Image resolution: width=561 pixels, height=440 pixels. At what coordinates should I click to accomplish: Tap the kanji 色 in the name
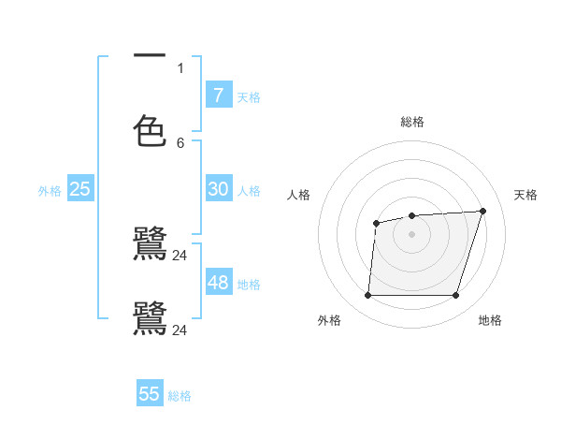tap(150, 131)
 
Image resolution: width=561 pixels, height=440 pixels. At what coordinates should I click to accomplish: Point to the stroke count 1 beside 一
tap(180, 67)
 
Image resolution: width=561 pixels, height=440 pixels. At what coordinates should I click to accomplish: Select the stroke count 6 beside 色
tap(180, 142)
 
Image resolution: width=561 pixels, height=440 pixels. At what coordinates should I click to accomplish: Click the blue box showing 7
tap(218, 95)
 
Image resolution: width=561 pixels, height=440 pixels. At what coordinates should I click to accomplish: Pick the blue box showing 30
tap(218, 189)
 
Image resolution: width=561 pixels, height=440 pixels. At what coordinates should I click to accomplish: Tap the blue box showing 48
tap(218, 283)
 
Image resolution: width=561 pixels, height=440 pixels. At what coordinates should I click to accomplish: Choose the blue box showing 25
tap(80, 189)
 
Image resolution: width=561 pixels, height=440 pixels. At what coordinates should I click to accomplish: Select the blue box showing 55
tap(150, 394)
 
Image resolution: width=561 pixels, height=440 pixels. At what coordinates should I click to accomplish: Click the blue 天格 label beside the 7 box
tap(249, 97)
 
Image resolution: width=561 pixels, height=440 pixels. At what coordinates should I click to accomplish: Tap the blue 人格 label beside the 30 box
tap(249, 191)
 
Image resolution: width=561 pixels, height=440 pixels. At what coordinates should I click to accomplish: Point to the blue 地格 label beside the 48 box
tap(249, 285)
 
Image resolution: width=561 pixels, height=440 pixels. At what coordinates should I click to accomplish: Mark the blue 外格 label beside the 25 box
tap(50, 191)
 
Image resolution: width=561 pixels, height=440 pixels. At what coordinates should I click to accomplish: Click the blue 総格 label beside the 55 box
tap(180, 396)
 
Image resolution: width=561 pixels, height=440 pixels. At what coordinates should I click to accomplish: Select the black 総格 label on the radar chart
tap(412, 122)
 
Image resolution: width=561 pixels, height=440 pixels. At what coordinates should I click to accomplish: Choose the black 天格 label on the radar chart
tap(525, 195)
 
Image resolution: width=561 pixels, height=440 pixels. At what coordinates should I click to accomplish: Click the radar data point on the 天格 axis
tap(482, 211)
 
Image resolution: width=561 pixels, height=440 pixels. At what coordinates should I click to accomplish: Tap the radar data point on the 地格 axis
tap(455, 296)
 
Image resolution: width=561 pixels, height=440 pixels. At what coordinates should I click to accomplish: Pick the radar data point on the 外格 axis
tap(367, 296)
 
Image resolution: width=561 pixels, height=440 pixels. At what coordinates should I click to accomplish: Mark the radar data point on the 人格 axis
tap(376, 223)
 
